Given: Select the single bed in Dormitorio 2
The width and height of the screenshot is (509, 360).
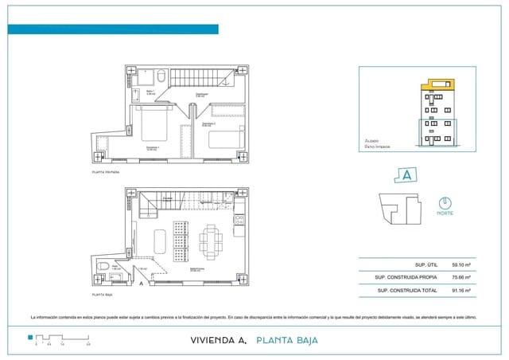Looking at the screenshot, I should [225, 140].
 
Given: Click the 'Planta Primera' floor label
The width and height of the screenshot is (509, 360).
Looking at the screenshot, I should [106, 171].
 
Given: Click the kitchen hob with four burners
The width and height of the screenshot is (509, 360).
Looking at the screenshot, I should [237, 221].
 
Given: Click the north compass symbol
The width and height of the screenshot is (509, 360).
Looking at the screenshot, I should [445, 202].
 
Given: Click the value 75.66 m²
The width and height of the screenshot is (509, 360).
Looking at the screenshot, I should [461, 277].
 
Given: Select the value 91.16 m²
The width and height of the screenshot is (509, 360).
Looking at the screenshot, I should [461, 292].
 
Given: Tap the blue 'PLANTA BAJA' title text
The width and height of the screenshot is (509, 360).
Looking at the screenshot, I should [287, 340].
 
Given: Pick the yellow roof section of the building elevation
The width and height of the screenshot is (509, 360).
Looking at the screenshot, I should [440, 84].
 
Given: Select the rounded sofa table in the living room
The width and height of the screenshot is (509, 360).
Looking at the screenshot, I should [160, 240].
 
